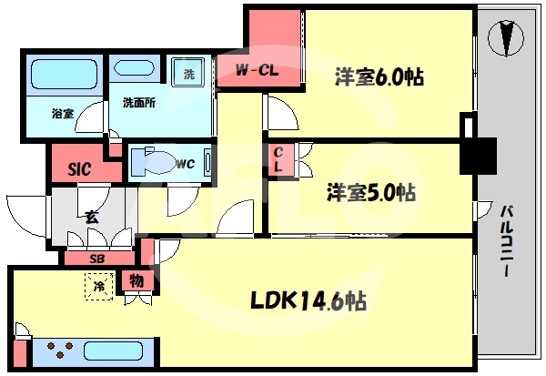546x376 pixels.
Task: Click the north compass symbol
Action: tap(507, 39)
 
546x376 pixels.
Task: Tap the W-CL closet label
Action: tap(257, 70)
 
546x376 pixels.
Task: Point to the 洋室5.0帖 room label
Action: tap(371, 193)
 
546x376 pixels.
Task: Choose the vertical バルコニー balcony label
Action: tap(508, 242)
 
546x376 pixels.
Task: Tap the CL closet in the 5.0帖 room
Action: tap(279, 161)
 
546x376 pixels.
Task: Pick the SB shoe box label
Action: tap(96, 259)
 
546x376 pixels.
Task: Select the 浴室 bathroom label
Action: tap(63, 114)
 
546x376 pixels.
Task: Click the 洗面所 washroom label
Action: tap(138, 103)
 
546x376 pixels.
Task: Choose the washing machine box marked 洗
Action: tap(188, 74)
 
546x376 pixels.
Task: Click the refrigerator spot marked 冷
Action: tap(99, 288)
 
